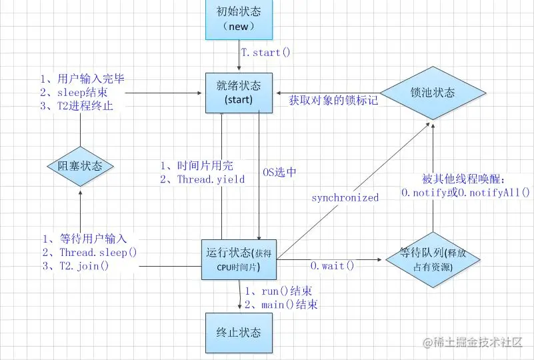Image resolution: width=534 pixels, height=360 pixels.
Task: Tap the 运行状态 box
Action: [239, 259]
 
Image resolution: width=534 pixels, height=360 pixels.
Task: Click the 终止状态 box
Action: [239, 332]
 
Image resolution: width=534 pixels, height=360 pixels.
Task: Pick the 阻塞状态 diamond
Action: [80, 167]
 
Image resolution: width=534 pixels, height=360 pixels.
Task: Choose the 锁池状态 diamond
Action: [433, 93]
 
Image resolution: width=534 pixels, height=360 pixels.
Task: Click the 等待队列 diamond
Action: [433, 259]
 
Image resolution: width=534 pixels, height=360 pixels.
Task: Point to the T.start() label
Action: [266, 51]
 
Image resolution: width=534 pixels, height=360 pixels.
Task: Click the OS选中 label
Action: [278, 172]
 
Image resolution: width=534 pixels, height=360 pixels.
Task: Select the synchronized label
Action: [345, 197]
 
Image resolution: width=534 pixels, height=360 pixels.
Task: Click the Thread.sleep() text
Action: [98, 252]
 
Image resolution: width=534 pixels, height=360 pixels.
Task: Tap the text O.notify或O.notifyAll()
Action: [465, 192]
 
